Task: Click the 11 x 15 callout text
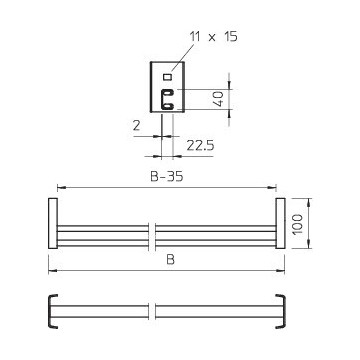[214, 36]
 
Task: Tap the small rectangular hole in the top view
[167, 77]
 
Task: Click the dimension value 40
[219, 99]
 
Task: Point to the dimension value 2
[136, 126]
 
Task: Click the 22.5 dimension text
[200, 145]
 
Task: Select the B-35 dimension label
[167, 176]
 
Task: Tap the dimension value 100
[298, 224]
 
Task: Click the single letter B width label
[171, 260]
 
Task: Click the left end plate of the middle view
[53, 223]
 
